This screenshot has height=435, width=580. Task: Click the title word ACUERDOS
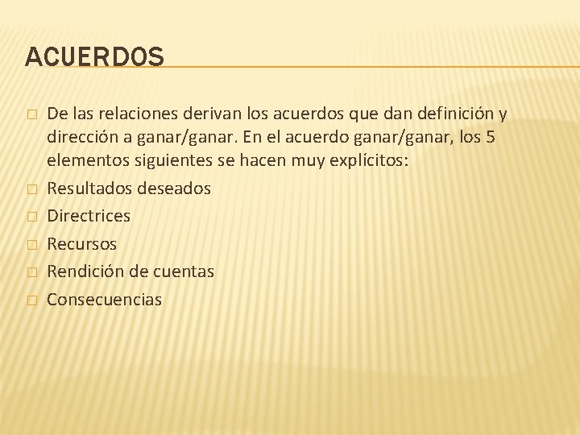point(94,56)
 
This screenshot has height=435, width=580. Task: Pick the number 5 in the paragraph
point(491,138)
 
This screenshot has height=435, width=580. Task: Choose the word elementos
point(86,160)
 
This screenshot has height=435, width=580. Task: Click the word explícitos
point(371,160)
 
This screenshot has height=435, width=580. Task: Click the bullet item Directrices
point(89,216)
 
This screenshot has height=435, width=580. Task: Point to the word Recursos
point(81,243)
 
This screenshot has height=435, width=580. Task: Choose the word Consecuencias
point(104,300)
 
